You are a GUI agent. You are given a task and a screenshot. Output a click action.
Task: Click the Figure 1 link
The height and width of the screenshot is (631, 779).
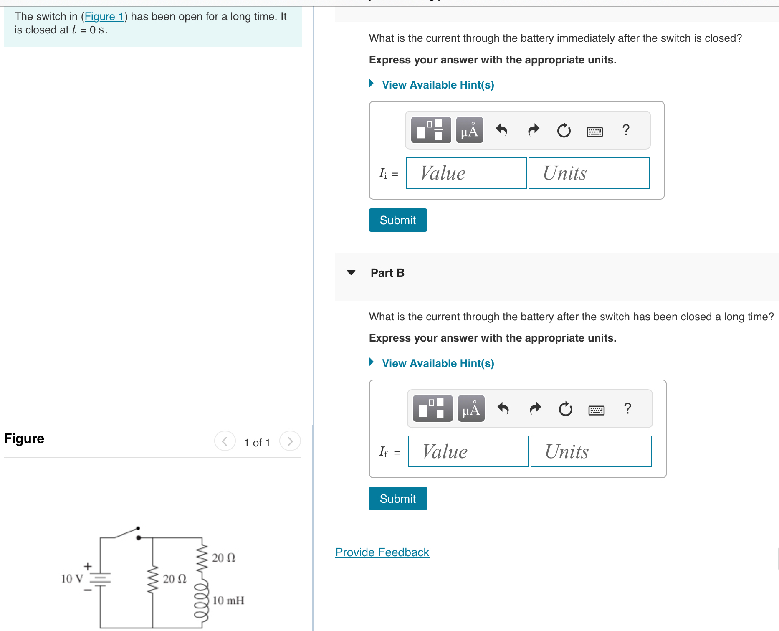point(104,17)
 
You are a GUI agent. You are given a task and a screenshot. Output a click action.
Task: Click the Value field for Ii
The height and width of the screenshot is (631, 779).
point(466,173)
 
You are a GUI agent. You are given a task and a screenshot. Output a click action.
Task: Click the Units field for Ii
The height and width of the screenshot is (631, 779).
point(589,173)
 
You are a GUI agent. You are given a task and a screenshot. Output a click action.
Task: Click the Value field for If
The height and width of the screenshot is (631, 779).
point(468,451)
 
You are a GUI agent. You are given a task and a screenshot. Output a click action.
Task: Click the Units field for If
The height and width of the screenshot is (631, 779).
point(591,451)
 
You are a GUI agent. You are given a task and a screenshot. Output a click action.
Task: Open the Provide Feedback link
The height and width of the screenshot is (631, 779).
point(382,552)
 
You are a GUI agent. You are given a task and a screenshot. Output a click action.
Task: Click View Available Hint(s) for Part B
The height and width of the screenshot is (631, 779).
point(438,363)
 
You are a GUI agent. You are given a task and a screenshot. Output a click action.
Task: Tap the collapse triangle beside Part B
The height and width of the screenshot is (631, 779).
point(351,273)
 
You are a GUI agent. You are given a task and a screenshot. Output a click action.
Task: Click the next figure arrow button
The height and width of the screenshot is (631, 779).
point(290,441)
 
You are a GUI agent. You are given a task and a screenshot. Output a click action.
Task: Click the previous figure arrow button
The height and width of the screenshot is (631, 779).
point(225,441)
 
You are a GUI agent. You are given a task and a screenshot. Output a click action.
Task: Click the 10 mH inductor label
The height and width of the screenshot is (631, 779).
point(228,601)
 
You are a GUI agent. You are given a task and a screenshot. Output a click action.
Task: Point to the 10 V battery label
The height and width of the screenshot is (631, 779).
point(72,579)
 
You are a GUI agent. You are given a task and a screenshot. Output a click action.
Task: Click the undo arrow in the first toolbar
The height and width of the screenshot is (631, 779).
point(501,130)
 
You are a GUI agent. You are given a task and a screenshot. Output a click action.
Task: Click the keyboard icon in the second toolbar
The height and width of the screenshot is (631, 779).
point(596,410)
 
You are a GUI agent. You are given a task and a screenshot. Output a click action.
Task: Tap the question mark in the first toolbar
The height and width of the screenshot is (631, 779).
point(625,130)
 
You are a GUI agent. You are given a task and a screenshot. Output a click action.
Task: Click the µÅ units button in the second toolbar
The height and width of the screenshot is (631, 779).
point(471,409)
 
